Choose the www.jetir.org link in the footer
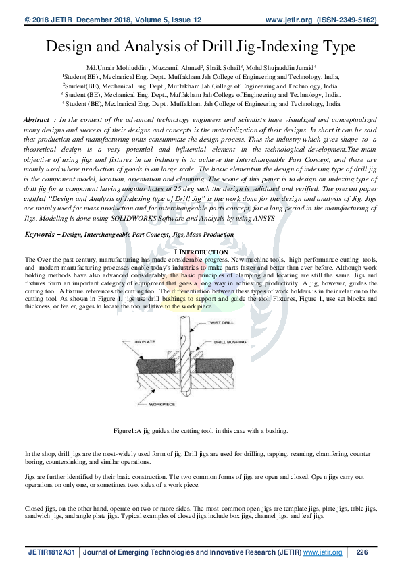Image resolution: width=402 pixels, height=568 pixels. point(322,552)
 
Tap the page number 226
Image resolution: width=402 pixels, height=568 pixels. point(362,552)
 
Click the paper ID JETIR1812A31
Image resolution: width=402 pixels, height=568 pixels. point(51,552)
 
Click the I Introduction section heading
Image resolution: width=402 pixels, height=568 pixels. point(201,251)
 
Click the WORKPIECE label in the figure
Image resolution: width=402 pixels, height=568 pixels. point(163,405)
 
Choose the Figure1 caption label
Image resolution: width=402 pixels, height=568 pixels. point(126,430)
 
